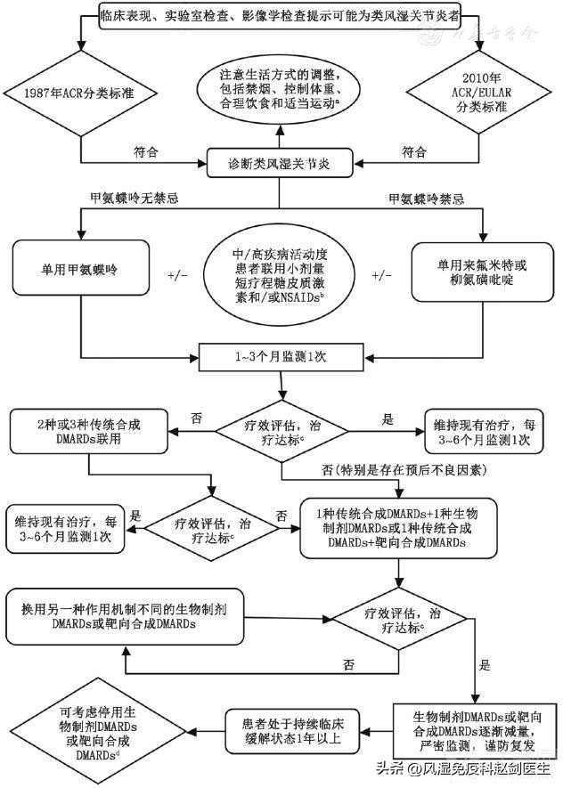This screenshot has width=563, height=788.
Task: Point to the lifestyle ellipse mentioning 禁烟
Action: click(x=281, y=89)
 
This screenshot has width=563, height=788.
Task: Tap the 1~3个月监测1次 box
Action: click(x=281, y=357)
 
